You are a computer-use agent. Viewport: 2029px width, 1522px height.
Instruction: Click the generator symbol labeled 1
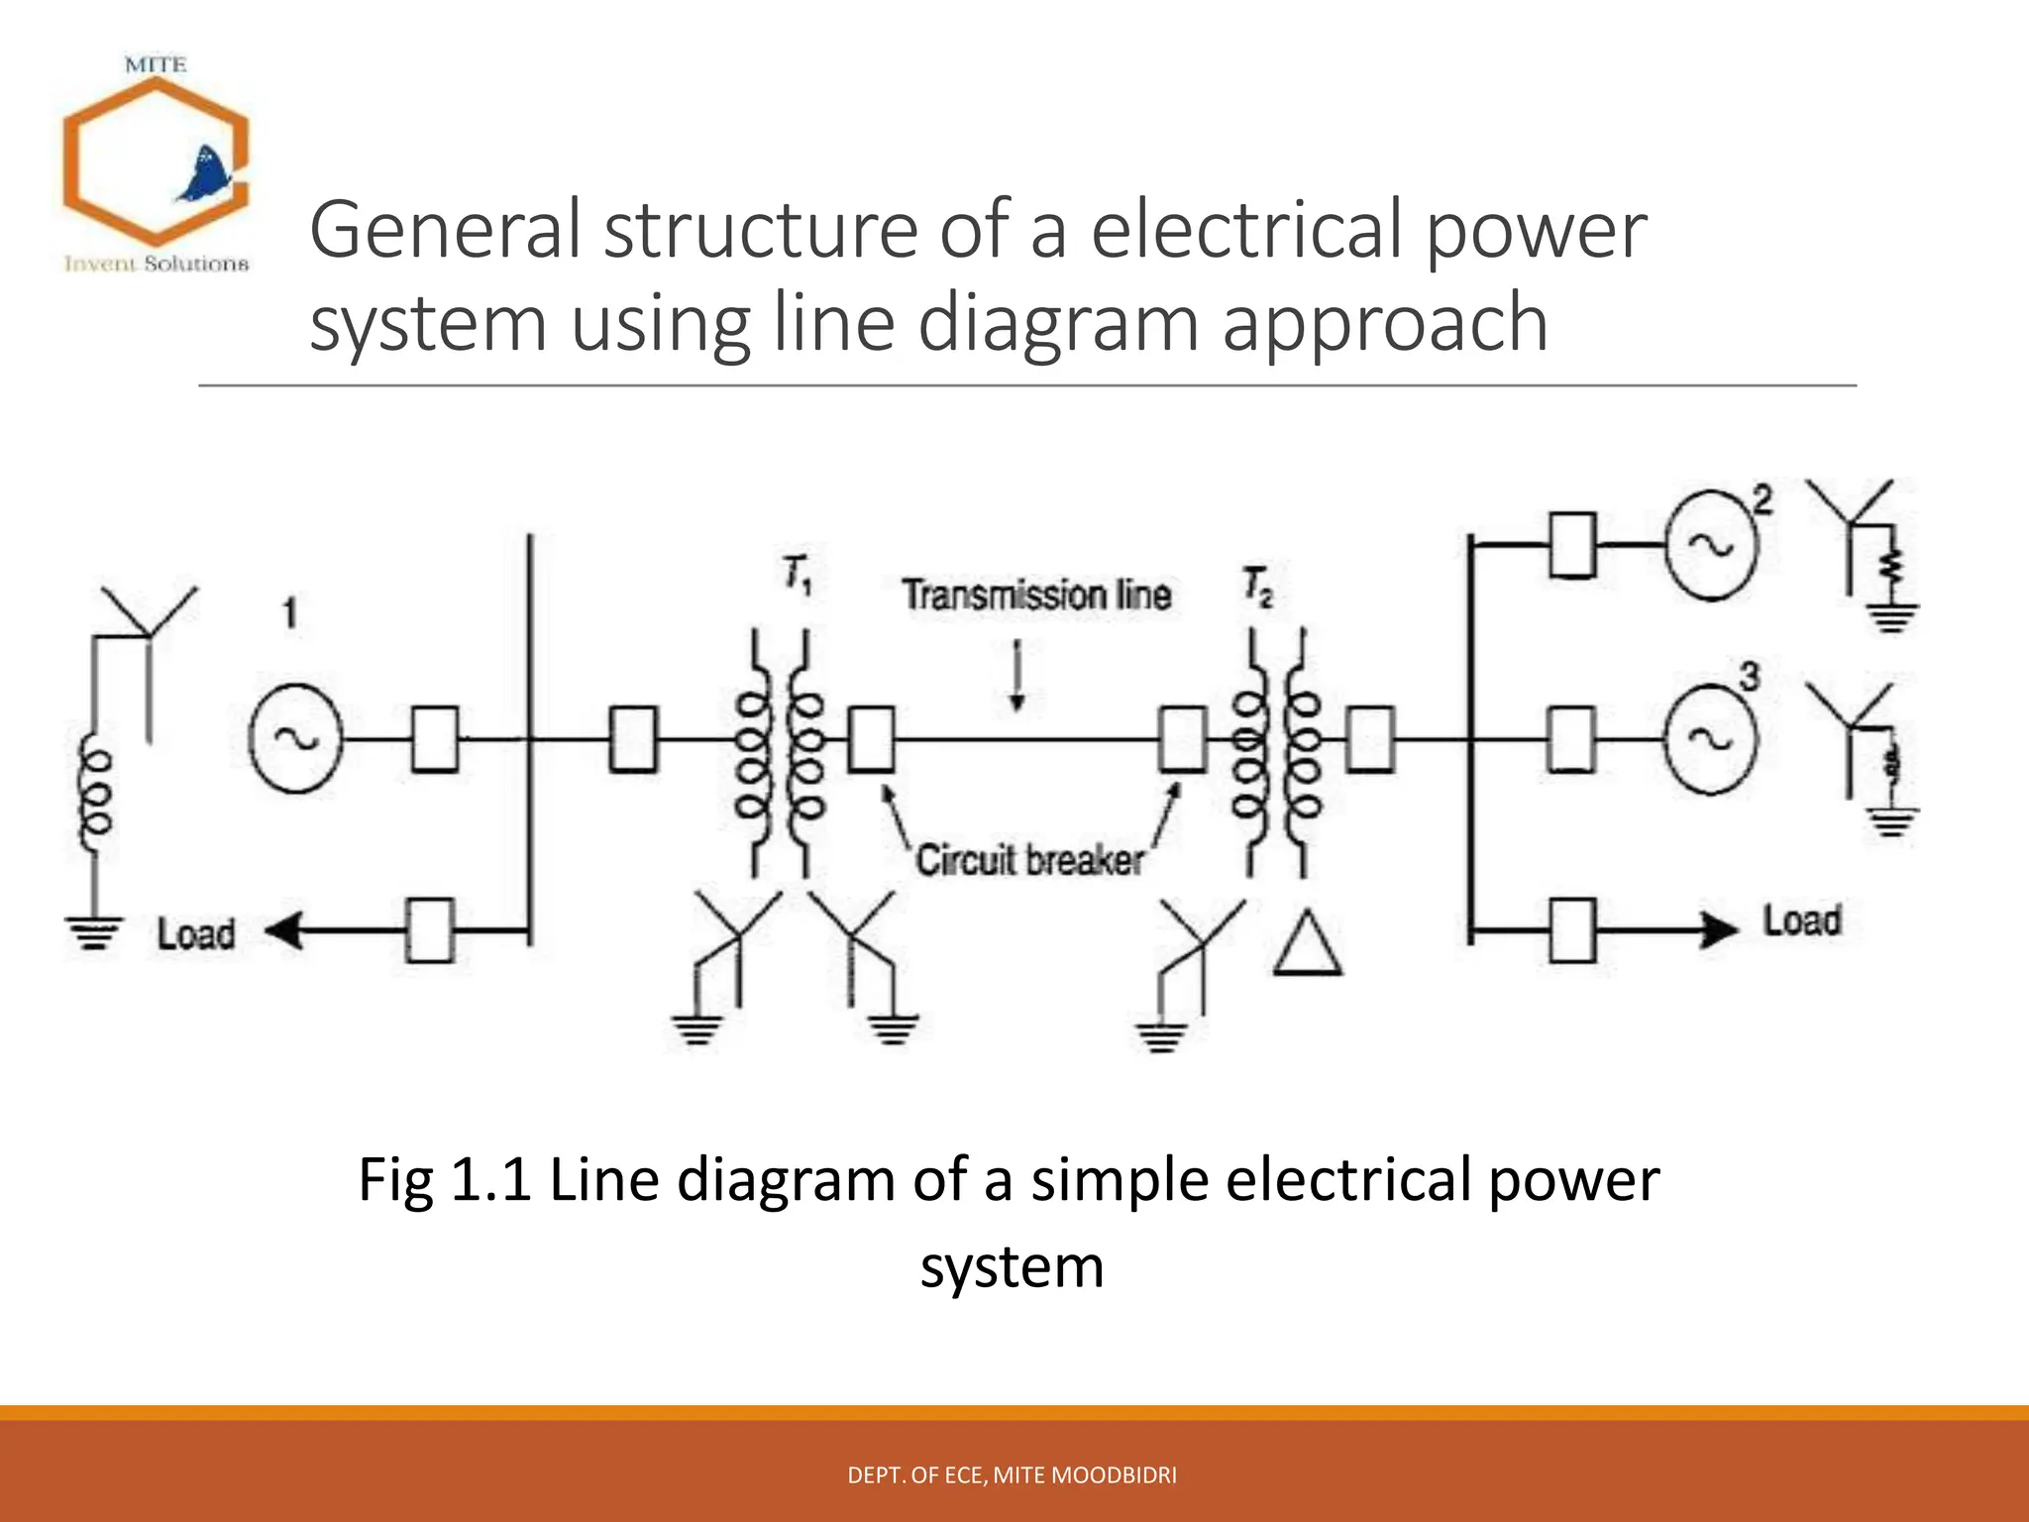pos(294,738)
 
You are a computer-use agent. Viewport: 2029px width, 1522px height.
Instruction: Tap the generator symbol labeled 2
pos(1711,545)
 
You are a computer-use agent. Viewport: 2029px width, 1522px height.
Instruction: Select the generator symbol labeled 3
pos(1711,739)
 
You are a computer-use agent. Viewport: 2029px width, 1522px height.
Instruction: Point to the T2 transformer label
pos(1257,586)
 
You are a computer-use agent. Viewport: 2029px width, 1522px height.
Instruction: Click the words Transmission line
pos(1036,596)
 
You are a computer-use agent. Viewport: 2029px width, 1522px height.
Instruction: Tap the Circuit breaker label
pos(1029,860)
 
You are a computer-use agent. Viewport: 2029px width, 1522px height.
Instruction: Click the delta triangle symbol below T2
pos(1308,944)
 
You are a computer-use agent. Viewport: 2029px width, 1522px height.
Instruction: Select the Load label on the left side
pos(196,933)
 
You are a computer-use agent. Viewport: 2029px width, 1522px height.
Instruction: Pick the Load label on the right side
pos(1801,921)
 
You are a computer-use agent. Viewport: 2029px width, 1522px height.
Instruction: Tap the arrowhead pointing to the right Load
pos(1720,929)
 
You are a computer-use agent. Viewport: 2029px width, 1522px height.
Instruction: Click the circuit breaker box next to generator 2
pos(1572,545)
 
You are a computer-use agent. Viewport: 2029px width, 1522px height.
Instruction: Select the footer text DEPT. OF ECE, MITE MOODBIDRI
pos(1012,1475)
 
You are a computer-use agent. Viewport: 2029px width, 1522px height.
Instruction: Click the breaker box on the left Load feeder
pos(430,930)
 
